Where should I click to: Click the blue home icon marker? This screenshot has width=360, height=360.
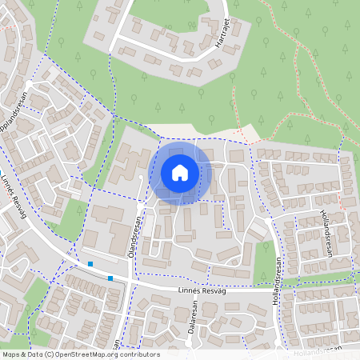click(x=180, y=172)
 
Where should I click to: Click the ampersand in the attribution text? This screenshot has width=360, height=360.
click(x=27, y=354)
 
